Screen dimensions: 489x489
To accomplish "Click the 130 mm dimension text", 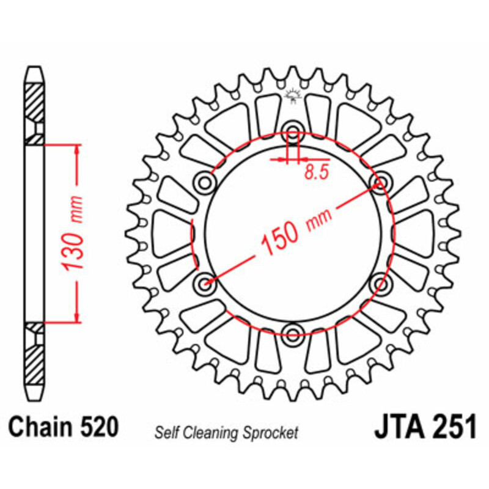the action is [73, 233].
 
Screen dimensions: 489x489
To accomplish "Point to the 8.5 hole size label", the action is [317, 172].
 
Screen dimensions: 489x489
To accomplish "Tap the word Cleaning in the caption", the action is [211, 433].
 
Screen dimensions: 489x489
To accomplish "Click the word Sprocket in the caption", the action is [271, 433].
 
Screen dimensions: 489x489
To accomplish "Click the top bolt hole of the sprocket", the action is [293, 131].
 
